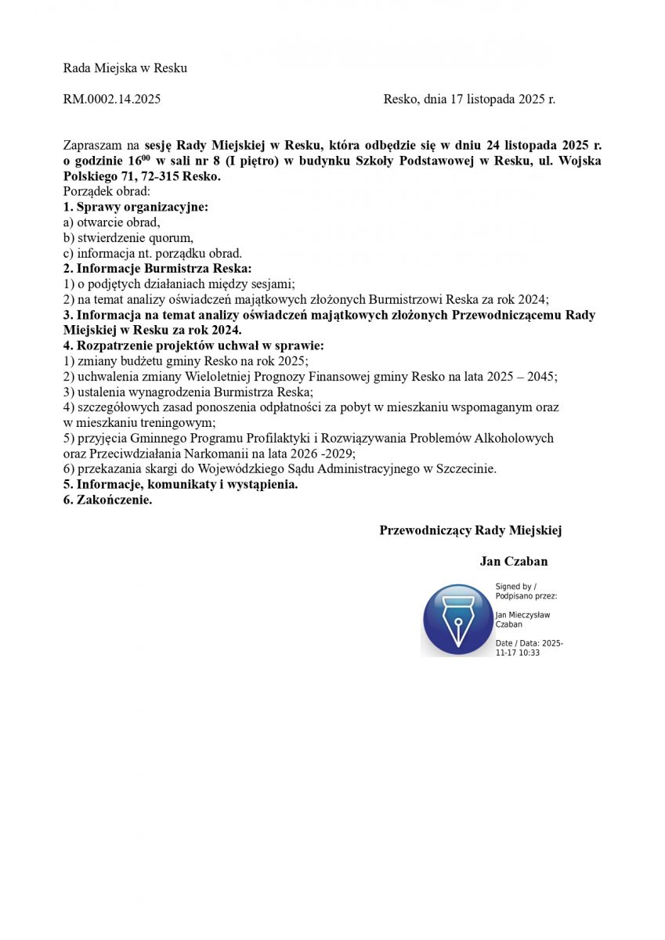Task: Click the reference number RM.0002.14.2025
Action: point(112,99)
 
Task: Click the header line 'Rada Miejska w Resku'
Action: point(125,68)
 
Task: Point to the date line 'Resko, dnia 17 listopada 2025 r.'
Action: point(469,99)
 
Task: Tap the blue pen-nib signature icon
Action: point(457,620)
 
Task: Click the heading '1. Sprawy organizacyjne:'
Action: point(136,207)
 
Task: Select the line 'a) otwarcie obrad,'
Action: point(111,222)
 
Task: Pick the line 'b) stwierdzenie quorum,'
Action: point(128,237)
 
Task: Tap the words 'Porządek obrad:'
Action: point(107,192)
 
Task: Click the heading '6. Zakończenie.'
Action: point(108,500)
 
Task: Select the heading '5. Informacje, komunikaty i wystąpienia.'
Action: point(181,484)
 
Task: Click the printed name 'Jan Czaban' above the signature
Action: point(514,561)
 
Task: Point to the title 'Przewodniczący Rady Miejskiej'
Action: point(470,530)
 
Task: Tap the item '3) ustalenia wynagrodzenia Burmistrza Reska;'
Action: point(188,392)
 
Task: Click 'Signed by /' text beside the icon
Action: point(516,587)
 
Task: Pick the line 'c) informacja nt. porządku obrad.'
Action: point(153,253)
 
